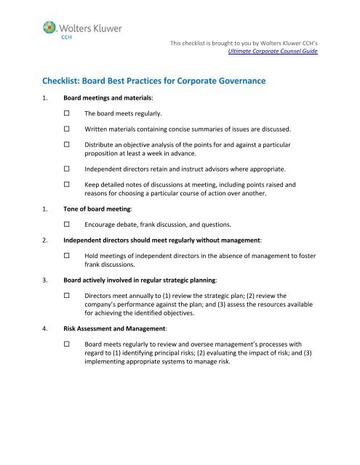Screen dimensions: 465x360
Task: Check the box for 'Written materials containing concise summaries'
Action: point(66,130)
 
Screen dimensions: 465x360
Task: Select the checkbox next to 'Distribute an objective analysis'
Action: point(66,146)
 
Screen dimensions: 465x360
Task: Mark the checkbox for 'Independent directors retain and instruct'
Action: point(66,171)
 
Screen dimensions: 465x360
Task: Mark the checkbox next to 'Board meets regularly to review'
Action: point(66,343)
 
